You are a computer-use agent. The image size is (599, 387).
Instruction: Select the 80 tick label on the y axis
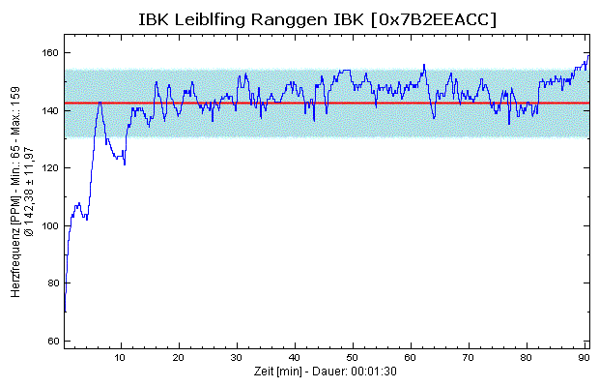point(51,283)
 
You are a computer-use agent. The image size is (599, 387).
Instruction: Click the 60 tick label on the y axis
point(51,342)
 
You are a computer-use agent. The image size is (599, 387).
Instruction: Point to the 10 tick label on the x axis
point(121,358)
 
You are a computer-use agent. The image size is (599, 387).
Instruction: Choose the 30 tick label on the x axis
point(237,358)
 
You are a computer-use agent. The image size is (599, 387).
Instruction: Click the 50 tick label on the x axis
point(354,358)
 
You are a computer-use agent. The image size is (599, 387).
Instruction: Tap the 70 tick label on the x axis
point(470,358)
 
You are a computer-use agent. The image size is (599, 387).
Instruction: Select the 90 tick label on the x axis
point(585,358)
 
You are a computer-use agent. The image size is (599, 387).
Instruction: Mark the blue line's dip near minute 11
point(125,164)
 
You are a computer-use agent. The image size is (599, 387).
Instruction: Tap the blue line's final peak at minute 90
point(586,56)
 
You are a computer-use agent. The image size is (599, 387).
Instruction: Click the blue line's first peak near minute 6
point(99,102)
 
